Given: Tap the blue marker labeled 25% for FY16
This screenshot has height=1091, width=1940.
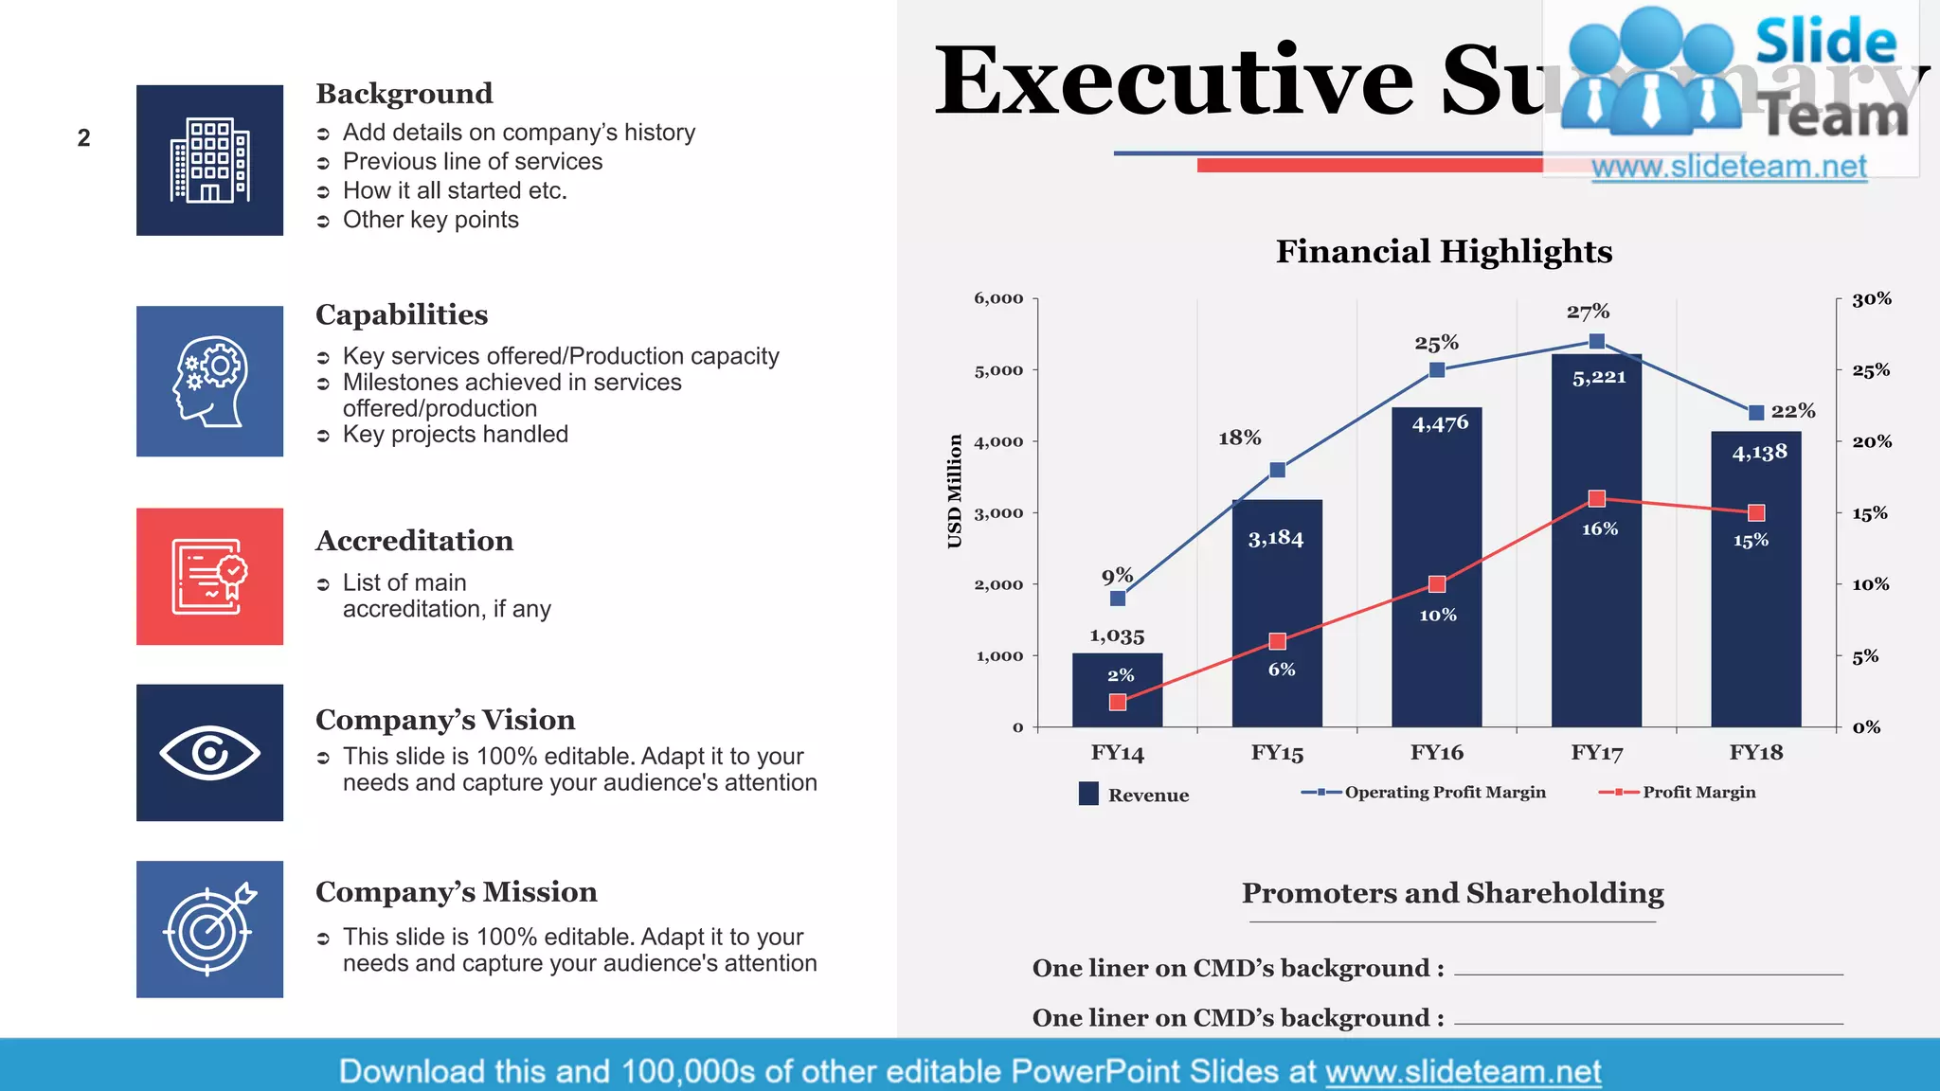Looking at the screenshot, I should (x=1437, y=369).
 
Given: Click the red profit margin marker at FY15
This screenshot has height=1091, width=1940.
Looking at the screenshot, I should (x=1277, y=641).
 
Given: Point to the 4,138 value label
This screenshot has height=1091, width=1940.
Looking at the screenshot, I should (x=1759, y=453).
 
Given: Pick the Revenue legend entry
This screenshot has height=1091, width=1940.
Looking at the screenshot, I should (x=1134, y=794).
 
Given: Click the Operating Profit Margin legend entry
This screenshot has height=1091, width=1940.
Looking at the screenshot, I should (x=1424, y=792).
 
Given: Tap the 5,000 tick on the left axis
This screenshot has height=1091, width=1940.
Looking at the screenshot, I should (x=998, y=370).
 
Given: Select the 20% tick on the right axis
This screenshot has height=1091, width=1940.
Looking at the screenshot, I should (x=1871, y=441).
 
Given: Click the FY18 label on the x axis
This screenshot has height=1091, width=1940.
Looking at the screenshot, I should (x=1755, y=752).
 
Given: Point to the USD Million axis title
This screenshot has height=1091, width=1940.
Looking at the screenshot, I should (x=954, y=491).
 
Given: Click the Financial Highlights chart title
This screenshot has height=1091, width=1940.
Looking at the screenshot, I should (x=1443, y=251).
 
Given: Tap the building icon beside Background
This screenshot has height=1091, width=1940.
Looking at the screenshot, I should (x=209, y=160).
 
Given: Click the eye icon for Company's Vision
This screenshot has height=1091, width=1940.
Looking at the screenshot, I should (x=209, y=753).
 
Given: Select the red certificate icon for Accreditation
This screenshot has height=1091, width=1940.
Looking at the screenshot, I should (x=209, y=576).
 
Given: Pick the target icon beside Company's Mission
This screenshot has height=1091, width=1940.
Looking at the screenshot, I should (x=209, y=929).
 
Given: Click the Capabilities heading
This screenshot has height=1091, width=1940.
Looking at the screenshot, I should (x=402, y=314).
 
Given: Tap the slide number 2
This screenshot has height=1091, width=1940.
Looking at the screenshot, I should (x=84, y=138).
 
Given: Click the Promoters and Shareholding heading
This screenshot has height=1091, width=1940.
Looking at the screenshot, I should (x=1452, y=893).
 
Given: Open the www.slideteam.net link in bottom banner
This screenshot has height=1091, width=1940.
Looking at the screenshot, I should (x=1463, y=1071).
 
